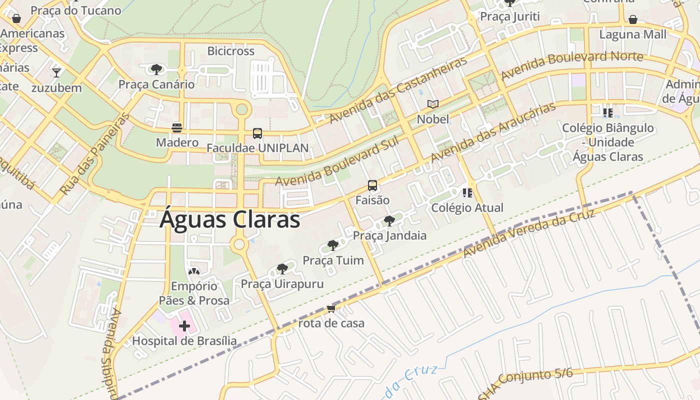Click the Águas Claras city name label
click(229, 220)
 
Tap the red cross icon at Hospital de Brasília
click(184, 326)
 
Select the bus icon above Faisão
click(372, 185)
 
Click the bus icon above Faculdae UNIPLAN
click(257, 133)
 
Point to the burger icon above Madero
click(176, 127)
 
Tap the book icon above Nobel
click(433, 104)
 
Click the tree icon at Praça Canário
click(156, 69)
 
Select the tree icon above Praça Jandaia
click(389, 220)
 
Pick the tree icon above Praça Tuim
click(333, 245)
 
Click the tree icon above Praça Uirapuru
click(282, 269)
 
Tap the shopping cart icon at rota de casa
click(331, 309)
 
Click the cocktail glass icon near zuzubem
click(56, 73)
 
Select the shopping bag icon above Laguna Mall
click(632, 19)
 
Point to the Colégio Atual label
click(467, 207)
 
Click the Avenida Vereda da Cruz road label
click(529, 234)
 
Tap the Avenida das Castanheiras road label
click(398, 90)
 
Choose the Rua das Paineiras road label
click(94, 154)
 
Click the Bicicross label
click(230, 51)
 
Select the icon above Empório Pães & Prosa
click(194, 272)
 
